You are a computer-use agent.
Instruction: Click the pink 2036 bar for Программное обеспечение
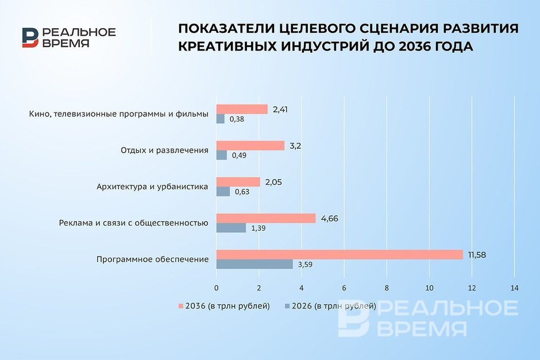click(x=340, y=255)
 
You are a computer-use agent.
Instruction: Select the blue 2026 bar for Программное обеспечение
click(x=254, y=264)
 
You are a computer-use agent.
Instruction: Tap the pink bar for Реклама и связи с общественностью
click(x=266, y=218)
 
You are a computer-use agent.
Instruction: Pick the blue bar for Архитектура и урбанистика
click(x=223, y=192)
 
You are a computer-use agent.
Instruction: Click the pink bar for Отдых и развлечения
click(x=250, y=146)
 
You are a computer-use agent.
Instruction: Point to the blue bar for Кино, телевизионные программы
click(x=221, y=119)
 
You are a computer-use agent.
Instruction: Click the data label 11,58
click(x=477, y=255)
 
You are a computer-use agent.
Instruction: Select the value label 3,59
click(x=305, y=265)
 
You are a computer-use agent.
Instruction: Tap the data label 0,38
click(x=237, y=119)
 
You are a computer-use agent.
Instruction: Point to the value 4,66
click(x=330, y=219)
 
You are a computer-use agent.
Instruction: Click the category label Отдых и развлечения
click(x=165, y=150)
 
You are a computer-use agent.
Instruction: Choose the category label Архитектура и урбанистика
click(x=152, y=187)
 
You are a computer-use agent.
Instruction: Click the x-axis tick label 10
click(x=429, y=288)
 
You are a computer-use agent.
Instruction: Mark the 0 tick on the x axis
click(x=216, y=288)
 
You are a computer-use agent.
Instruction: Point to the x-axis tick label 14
click(x=514, y=288)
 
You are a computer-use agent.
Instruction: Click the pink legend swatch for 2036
click(x=181, y=306)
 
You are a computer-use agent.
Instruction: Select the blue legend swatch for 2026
click(x=287, y=306)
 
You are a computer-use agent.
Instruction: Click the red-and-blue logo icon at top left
click(x=30, y=37)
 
